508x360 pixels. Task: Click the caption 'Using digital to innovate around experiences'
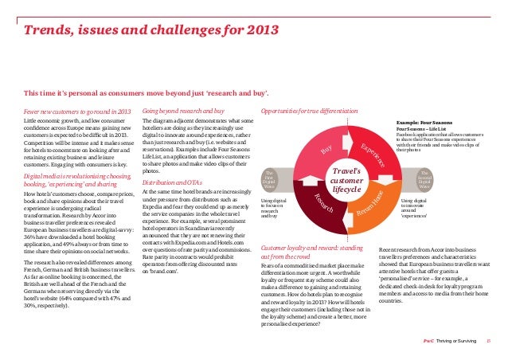pos(415,208)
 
